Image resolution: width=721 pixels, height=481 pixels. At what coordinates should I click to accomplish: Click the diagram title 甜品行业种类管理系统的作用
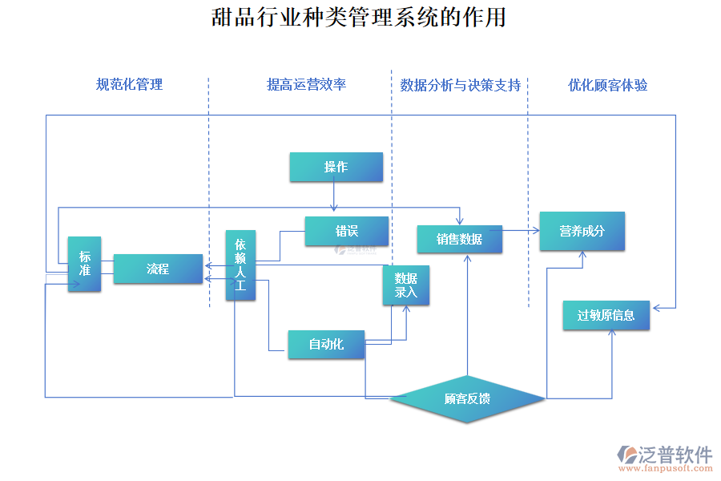pyautogui.click(x=359, y=18)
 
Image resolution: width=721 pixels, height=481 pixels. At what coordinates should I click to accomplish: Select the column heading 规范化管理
pyautogui.click(x=129, y=84)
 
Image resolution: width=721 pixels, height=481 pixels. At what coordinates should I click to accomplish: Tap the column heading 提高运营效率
pyautogui.click(x=306, y=84)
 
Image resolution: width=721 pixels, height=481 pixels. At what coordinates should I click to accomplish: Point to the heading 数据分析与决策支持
pyautogui.click(x=460, y=85)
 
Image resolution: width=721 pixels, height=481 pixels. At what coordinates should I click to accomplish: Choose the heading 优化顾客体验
pyautogui.click(x=607, y=85)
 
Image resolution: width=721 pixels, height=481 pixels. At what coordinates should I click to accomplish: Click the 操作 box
pyautogui.click(x=336, y=167)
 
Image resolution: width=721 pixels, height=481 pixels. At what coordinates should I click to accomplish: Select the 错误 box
pyautogui.click(x=346, y=231)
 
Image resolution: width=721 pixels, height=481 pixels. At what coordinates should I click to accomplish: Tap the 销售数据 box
pyautogui.click(x=459, y=239)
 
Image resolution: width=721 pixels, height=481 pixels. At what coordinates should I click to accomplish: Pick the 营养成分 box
pyautogui.click(x=582, y=231)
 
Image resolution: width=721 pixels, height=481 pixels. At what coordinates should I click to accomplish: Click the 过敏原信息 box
pyautogui.click(x=606, y=315)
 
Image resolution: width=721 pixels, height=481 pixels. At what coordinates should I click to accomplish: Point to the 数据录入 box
pyautogui.click(x=406, y=285)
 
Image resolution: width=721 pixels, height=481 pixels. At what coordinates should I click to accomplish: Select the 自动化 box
pyautogui.click(x=326, y=344)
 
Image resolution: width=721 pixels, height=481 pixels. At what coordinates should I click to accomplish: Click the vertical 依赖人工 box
pyautogui.click(x=240, y=265)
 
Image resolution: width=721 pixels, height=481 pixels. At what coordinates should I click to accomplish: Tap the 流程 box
pyautogui.click(x=158, y=269)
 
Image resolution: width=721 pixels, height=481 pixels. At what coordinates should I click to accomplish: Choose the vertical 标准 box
pyautogui.click(x=84, y=264)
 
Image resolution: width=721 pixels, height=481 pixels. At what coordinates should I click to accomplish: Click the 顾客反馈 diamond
pyautogui.click(x=467, y=398)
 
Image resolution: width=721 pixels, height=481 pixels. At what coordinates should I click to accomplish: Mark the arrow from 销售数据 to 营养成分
pyautogui.click(x=521, y=231)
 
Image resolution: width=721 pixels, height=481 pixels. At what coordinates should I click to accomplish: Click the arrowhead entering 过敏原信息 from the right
pyautogui.click(x=656, y=307)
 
